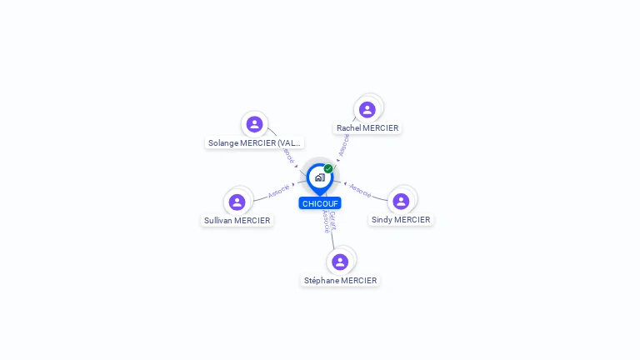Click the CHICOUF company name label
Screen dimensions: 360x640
[320, 203]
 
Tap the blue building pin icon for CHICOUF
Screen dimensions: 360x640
[319, 177]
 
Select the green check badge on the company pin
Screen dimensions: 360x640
[328, 168]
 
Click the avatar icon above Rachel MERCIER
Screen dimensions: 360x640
[367, 109]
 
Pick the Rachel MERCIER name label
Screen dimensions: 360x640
[367, 128]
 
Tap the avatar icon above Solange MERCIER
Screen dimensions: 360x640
[255, 124]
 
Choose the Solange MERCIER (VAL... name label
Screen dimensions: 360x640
[255, 143]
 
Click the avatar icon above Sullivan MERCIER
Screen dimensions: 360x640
[237, 202]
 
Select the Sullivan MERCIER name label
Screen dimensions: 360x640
[237, 221]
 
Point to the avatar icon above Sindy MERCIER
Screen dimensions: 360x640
[401, 201]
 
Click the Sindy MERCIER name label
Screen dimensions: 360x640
[401, 220]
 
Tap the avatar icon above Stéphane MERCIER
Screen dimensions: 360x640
[340, 262]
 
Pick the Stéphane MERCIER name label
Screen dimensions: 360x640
[340, 281]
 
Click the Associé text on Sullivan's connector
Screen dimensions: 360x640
[279, 191]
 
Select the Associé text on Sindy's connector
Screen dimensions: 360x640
[360, 190]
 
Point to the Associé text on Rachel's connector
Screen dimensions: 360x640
[343, 144]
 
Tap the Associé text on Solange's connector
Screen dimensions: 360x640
[287, 155]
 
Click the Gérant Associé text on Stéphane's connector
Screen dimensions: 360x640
[329, 221]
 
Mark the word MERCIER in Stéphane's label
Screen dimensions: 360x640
[359, 281]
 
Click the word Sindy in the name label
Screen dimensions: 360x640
[382, 220]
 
